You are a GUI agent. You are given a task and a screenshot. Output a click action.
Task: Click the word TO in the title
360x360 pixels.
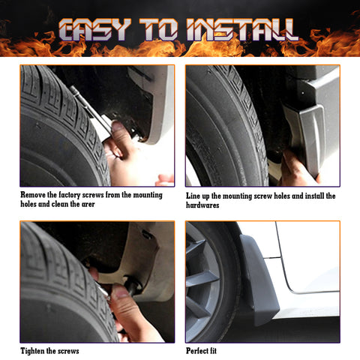(x=170, y=31)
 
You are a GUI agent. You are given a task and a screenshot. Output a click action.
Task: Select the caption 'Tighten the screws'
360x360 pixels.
(x=49, y=350)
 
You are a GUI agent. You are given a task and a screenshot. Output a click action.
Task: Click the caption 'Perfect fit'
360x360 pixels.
(x=207, y=350)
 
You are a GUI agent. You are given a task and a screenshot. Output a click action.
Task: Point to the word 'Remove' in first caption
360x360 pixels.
(x=37, y=196)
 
